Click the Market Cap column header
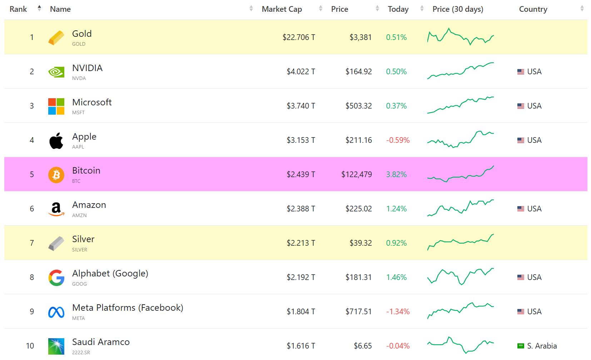[282, 9]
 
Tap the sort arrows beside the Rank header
[39, 9]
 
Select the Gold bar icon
[56, 38]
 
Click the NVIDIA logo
[56, 72]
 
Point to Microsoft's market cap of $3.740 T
[301, 106]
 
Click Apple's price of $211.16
[358, 140]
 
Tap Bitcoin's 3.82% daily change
[396, 174]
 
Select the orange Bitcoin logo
[56, 175]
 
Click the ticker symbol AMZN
[79, 215]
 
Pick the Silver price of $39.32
[361, 243]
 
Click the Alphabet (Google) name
[110, 274]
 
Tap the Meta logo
[56, 312]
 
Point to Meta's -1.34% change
[398, 311]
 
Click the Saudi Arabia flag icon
[521, 346]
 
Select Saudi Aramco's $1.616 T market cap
[301, 346]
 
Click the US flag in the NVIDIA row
[521, 71]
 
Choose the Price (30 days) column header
[458, 9]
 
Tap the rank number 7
[32, 243]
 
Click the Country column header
[533, 9]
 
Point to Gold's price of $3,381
[361, 37]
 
